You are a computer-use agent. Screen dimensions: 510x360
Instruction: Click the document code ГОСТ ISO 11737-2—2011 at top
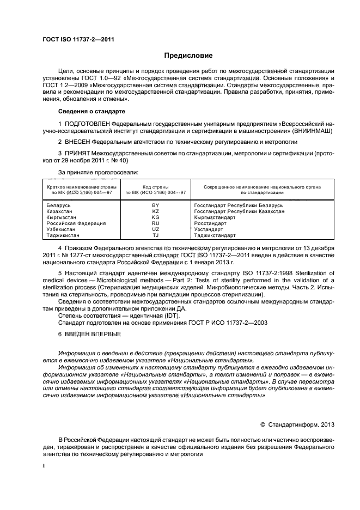[78, 39]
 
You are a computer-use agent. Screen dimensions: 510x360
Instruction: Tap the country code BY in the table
[155, 204]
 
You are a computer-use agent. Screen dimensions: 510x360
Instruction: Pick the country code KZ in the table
[155, 210]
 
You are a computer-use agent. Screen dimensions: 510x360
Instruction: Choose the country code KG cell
[155, 217]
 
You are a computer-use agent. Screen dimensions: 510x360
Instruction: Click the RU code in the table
[155, 223]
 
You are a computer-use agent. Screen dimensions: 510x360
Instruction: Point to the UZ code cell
[155, 229]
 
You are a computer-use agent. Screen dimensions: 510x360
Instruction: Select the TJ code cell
[155, 235]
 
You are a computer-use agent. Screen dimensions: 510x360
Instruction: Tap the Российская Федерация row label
[69, 223]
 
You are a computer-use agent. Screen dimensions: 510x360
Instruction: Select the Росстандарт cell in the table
[210, 223]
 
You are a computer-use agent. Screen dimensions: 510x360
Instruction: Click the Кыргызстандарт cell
[215, 217]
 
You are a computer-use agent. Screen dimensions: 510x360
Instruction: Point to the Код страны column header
[155, 186]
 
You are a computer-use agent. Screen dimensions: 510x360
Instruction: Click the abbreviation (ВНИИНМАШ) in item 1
[291, 131]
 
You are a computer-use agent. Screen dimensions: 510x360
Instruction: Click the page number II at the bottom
[45, 466]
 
